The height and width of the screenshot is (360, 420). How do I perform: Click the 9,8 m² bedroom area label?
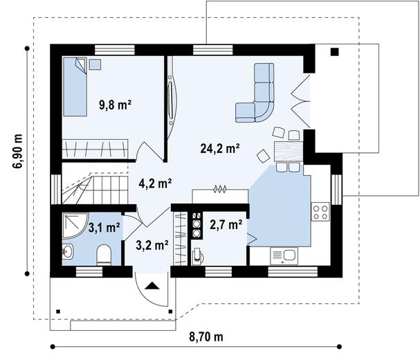[115, 105]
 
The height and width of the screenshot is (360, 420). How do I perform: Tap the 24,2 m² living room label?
[219, 147]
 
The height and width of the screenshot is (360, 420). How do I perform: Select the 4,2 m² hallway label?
[155, 183]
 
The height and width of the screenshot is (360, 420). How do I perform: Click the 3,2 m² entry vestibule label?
[152, 244]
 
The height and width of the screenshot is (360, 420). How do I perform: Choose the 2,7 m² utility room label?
[226, 224]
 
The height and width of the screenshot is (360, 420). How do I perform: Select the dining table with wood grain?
[288, 150]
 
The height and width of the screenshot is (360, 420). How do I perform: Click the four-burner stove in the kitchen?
[321, 210]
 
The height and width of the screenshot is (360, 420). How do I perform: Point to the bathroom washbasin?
[67, 253]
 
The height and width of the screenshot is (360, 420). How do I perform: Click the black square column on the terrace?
[335, 52]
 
